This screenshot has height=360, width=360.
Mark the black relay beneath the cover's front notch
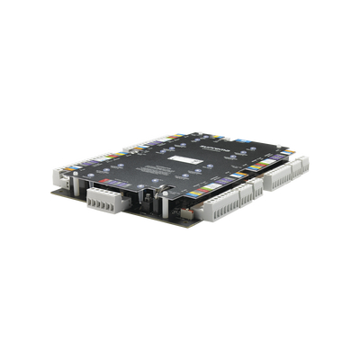coord(144,193)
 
